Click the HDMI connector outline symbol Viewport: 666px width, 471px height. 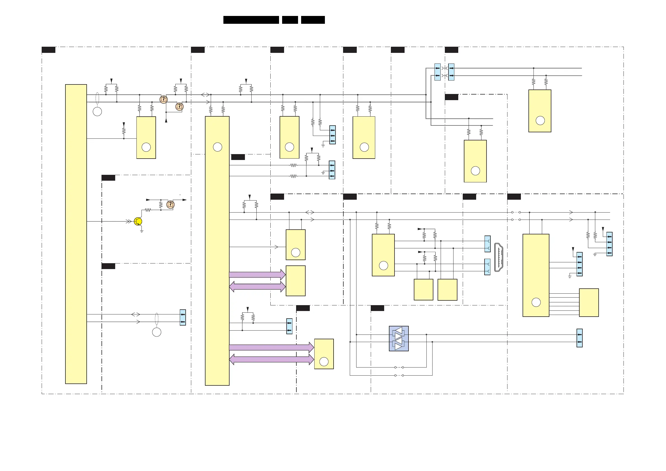point(498,257)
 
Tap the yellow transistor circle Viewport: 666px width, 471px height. point(138,222)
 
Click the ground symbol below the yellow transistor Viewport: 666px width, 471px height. point(141,231)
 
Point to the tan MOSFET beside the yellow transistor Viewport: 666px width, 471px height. point(171,204)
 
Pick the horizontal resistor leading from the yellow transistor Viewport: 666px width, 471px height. point(148,210)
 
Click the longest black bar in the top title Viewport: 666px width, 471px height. point(251,20)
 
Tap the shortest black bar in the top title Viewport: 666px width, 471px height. point(290,20)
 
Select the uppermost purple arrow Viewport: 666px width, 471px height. point(257,275)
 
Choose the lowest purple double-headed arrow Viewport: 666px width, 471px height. point(271,359)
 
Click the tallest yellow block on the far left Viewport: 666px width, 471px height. point(76,234)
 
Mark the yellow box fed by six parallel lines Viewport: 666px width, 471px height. point(589,302)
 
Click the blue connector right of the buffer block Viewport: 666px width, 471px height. point(579,338)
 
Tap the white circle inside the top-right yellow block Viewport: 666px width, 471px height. point(540,121)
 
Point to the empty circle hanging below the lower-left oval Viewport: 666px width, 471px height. point(157,332)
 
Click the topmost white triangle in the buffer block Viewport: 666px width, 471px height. point(399,331)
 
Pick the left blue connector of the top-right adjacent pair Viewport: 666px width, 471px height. point(437,72)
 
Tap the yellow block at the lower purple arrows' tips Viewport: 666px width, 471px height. point(324,354)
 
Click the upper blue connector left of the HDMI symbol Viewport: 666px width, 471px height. point(487,244)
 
